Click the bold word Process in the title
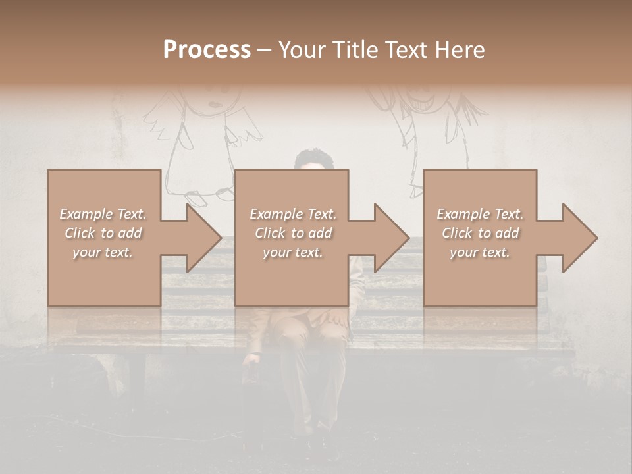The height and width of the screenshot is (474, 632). click(207, 50)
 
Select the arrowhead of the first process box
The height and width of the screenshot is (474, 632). click(203, 238)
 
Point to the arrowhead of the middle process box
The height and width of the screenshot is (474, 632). click(391, 238)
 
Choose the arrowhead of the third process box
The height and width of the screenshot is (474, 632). click(579, 238)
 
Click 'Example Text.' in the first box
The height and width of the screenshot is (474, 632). click(103, 214)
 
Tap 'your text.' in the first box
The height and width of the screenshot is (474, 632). click(103, 252)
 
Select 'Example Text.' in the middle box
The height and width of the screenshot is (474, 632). click(293, 214)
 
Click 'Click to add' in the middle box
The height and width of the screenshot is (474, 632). click(293, 233)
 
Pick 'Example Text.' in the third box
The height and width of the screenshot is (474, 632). click(480, 214)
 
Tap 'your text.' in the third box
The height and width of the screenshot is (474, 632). click(480, 252)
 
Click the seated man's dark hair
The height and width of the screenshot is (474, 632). click(314, 158)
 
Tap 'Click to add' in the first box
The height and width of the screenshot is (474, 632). click(103, 233)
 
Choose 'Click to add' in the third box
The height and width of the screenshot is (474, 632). click(480, 233)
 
